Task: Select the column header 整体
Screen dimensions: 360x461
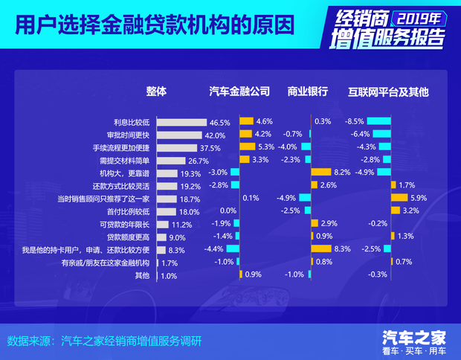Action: [x=156, y=91]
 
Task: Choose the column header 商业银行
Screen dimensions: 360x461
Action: [x=308, y=92]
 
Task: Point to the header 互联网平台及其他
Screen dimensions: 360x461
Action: [x=389, y=92]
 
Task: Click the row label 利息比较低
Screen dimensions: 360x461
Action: [x=132, y=122]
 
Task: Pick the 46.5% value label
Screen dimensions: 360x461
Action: [x=220, y=122]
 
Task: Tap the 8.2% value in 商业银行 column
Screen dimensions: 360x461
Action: [x=341, y=173]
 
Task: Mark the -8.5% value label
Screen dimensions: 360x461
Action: [x=355, y=121]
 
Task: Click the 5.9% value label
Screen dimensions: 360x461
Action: [x=418, y=198]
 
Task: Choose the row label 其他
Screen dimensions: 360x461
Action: [x=142, y=275]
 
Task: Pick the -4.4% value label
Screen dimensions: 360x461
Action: [x=214, y=249]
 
